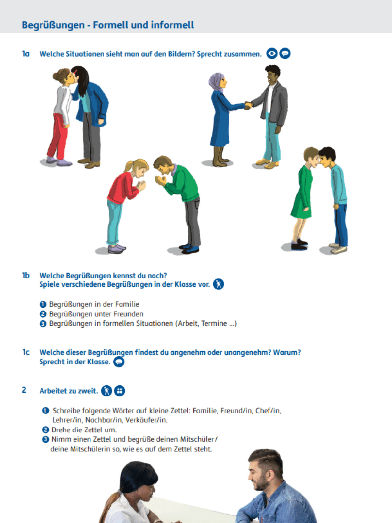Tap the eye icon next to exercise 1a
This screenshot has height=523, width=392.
tap(272, 53)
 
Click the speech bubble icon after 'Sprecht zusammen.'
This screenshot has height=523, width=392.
tap(285, 53)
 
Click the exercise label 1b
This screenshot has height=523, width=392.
tap(26, 276)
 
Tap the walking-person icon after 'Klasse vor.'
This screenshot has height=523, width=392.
tap(219, 284)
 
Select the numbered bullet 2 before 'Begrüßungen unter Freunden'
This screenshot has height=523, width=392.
tap(43, 314)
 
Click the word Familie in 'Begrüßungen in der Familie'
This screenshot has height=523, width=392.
tap(127, 304)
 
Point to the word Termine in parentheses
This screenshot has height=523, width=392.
tap(214, 324)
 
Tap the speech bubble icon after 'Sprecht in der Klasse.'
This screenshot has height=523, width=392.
tap(119, 362)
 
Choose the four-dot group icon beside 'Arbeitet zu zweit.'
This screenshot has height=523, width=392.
tap(120, 391)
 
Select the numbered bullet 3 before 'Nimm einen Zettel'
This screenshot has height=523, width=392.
tap(46, 439)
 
